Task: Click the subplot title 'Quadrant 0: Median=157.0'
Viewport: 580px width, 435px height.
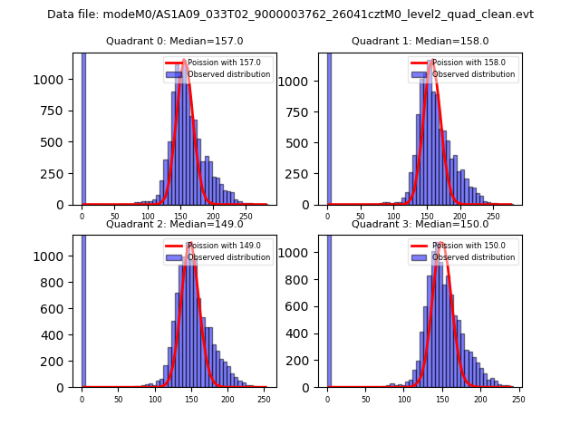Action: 174,41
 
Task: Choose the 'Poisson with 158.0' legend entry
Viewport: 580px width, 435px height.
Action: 468,63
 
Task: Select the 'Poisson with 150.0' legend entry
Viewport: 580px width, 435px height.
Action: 468,246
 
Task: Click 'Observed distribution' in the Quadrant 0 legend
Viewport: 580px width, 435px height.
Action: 228,74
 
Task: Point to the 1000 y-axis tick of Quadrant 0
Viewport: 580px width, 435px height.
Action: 53,80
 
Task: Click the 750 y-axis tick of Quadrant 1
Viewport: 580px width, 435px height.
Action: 302,111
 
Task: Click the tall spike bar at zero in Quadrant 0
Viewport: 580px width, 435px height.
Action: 82,127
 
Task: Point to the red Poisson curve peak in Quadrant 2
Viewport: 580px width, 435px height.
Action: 189,243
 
